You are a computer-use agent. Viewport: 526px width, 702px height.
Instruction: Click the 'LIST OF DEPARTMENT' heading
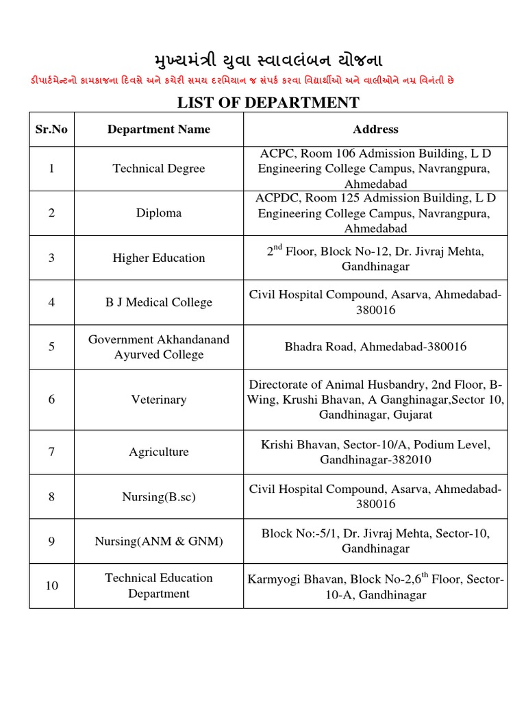point(268,103)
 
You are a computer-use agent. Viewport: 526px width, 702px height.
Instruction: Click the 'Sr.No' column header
point(51,130)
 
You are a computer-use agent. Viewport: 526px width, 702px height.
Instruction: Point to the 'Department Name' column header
point(159,130)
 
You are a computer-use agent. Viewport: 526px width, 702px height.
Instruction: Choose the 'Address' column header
point(375,130)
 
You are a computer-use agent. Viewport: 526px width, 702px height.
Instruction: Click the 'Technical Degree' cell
point(159,169)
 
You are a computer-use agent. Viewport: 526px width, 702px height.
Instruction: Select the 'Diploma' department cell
point(159,213)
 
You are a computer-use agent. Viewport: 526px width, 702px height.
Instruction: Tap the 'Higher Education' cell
point(159,258)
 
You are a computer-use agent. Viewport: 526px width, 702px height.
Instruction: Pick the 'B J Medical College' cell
point(159,302)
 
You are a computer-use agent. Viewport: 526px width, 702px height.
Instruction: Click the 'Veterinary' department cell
point(159,400)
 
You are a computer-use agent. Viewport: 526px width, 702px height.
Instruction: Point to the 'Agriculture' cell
point(159,452)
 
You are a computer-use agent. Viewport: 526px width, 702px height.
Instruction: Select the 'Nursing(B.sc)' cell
point(159,497)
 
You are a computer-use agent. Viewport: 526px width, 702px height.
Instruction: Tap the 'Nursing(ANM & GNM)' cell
point(159,542)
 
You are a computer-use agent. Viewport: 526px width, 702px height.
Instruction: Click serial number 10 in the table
point(51,586)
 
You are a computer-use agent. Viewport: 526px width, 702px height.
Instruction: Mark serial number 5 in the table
point(51,347)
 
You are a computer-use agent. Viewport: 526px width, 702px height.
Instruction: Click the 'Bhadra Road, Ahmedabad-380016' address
point(375,347)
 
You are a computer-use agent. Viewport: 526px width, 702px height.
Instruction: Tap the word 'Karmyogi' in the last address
point(274,580)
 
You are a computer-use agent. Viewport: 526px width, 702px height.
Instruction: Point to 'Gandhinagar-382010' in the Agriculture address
point(375,460)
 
